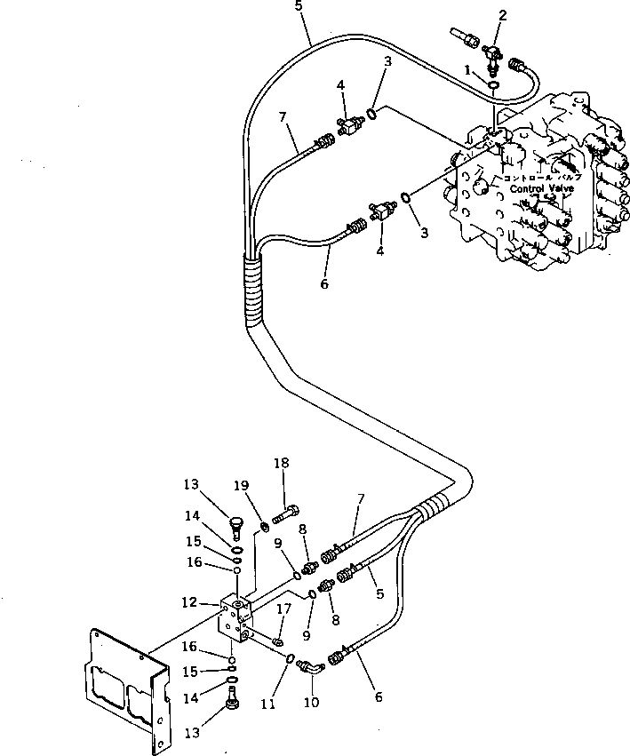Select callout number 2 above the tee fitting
pyautogui.click(x=502, y=14)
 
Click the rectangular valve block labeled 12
pyautogui.click(x=237, y=618)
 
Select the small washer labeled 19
pyautogui.click(x=264, y=530)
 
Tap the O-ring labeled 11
pyautogui.click(x=291, y=657)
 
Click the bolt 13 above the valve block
pyautogui.click(x=235, y=525)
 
